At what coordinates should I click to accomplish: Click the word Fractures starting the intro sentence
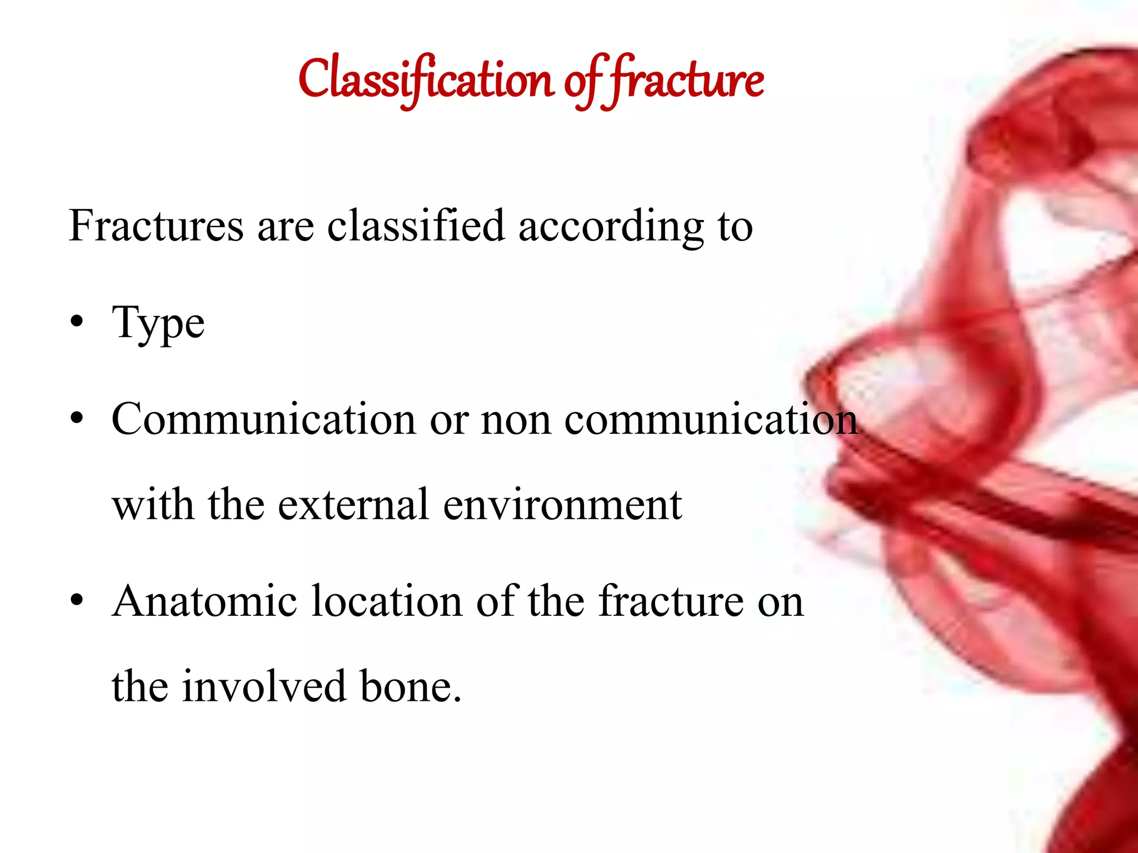pyautogui.click(x=156, y=226)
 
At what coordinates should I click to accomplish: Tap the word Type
pyautogui.click(x=158, y=324)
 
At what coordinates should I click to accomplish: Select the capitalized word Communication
pyautogui.click(x=264, y=419)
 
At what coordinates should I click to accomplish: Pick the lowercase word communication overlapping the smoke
pyautogui.click(x=711, y=419)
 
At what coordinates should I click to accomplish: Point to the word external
pyautogui.click(x=353, y=505)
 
